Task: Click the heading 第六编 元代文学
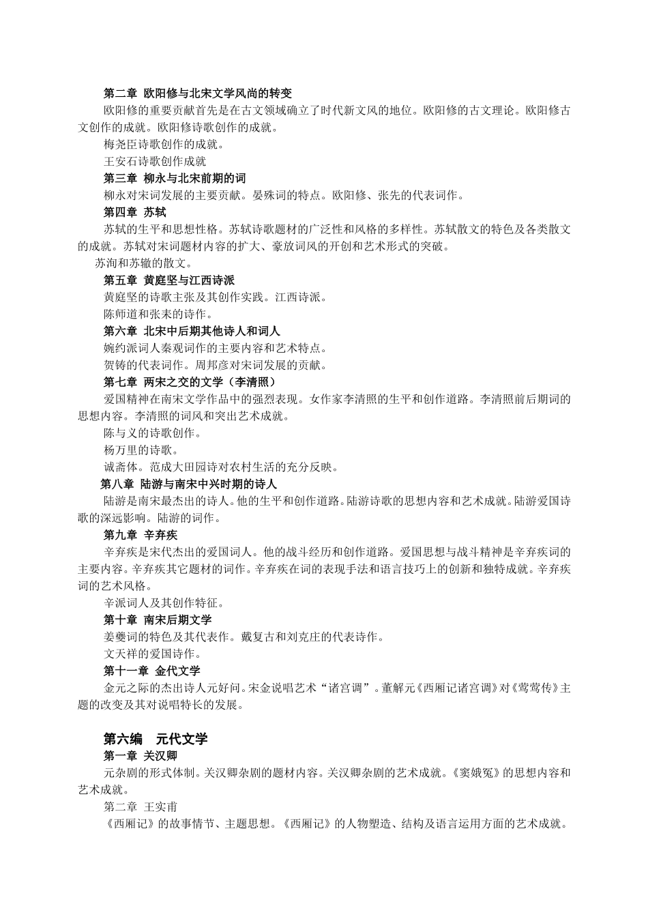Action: (156, 739)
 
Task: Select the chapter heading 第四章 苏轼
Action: (134, 212)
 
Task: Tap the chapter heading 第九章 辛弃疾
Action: (141, 535)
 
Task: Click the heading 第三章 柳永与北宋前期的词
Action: (175, 179)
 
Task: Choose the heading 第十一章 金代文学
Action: (152, 671)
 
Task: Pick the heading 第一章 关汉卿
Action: (141, 756)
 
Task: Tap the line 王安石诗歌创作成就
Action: (155, 162)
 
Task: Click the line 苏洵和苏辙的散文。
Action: (144, 263)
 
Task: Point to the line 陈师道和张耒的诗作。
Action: (158, 314)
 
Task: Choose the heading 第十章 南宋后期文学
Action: (158, 620)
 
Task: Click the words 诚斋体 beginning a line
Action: (121, 467)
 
